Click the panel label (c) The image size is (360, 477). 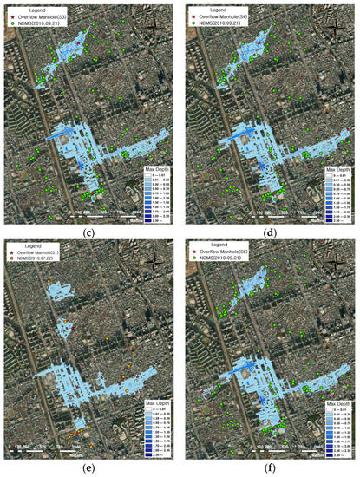pyautogui.click(x=89, y=232)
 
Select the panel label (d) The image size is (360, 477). pyautogui.click(x=270, y=232)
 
